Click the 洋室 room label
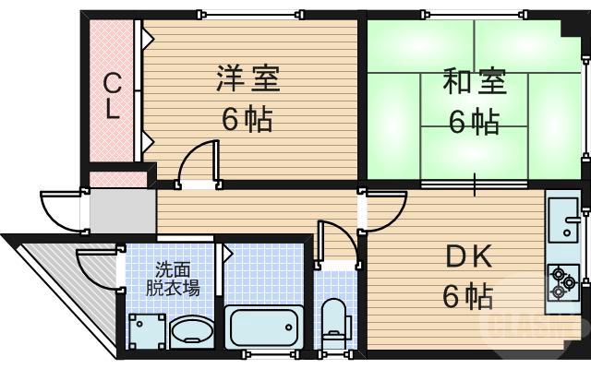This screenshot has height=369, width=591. (247, 79)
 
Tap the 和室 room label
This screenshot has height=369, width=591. (475, 82)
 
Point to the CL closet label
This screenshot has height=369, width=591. (111, 97)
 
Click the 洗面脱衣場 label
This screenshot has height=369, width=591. (173, 278)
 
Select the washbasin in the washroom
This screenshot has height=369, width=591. (190, 331)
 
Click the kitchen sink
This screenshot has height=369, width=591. (562, 222)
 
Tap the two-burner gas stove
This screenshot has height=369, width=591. (561, 282)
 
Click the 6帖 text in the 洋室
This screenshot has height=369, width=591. (247, 119)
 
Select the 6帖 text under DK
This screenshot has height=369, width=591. (465, 297)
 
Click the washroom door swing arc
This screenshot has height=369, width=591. (98, 268)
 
